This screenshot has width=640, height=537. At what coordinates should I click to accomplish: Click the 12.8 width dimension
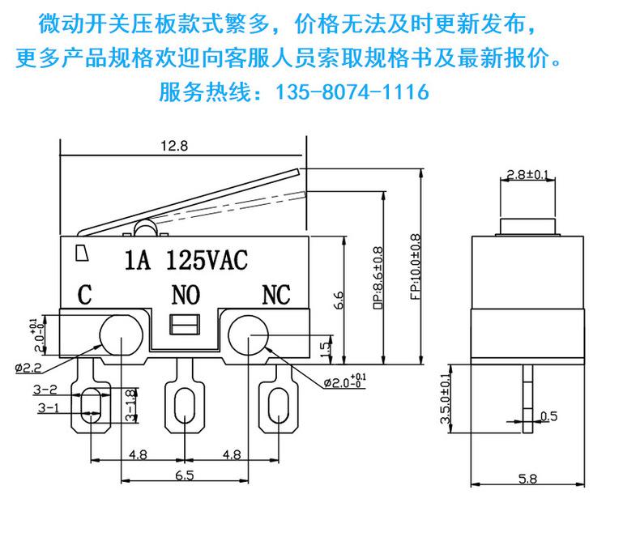(x=174, y=146)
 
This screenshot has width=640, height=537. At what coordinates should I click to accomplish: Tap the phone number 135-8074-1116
(x=352, y=92)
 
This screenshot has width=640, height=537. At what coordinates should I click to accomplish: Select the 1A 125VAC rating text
(x=186, y=260)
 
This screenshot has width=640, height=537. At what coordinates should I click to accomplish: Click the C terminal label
(x=84, y=295)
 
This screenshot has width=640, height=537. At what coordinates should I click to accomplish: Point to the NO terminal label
(x=186, y=295)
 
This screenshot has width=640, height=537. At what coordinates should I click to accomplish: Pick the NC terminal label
(x=276, y=295)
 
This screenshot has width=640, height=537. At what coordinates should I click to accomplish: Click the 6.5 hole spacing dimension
(x=185, y=475)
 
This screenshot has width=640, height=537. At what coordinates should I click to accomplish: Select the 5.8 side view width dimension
(x=527, y=479)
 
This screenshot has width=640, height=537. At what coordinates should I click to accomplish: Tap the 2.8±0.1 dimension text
(x=527, y=175)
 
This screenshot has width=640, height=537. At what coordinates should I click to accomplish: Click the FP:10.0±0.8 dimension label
(x=415, y=266)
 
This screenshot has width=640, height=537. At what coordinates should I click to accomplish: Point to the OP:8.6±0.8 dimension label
(x=378, y=278)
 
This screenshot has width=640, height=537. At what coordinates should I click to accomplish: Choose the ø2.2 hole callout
(x=28, y=368)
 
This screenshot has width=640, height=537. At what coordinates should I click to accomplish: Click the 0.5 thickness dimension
(x=549, y=416)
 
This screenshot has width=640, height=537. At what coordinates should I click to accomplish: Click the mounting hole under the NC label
(x=248, y=336)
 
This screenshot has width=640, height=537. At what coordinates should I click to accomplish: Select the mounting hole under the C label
(x=122, y=336)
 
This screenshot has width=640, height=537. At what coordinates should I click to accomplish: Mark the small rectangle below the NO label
(x=185, y=325)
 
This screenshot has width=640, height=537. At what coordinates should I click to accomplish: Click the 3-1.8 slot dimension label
(x=130, y=405)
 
